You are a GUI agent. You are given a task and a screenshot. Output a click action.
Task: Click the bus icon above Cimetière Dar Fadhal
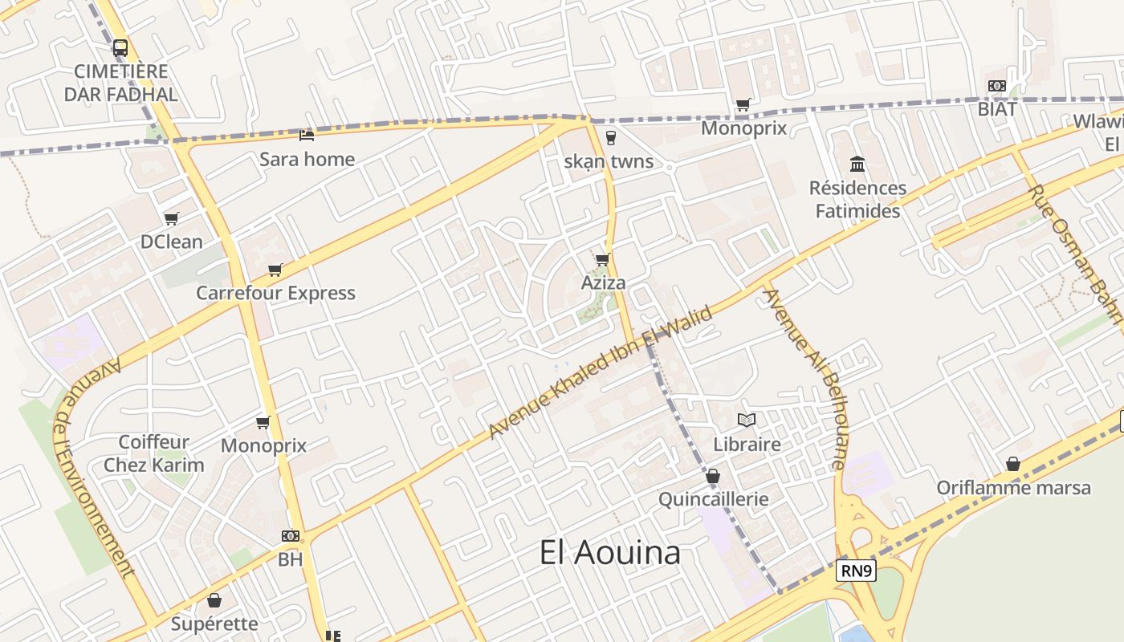tap(120, 48)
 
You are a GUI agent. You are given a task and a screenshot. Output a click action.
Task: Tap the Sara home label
tap(307, 159)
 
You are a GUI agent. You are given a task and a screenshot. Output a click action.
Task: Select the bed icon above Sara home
tap(306, 135)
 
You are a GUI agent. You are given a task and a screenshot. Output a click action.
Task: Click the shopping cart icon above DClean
tap(171, 218)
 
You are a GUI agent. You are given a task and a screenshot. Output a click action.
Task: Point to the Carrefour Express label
tap(275, 293)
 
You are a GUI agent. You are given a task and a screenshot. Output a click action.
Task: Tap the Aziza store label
tap(603, 283)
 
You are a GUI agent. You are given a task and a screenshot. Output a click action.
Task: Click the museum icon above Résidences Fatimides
tap(857, 165)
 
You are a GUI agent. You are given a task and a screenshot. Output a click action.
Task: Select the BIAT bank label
tap(997, 108)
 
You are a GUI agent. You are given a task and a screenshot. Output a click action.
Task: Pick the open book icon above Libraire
tap(747, 420)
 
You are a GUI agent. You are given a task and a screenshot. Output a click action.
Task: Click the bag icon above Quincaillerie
tap(712, 477)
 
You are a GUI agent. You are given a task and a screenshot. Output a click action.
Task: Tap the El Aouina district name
tap(610, 552)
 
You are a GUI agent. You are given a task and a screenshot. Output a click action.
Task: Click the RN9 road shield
tap(856, 571)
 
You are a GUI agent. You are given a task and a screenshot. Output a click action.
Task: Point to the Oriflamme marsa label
tap(1013, 487)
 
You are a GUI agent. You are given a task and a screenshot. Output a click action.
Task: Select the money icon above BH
tap(290, 535)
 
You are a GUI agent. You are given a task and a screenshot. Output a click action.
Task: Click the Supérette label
tap(214, 624)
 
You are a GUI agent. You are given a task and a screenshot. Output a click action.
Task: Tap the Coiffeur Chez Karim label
tap(153, 453)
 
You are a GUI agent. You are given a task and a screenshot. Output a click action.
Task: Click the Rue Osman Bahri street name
tap(1076, 253)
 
